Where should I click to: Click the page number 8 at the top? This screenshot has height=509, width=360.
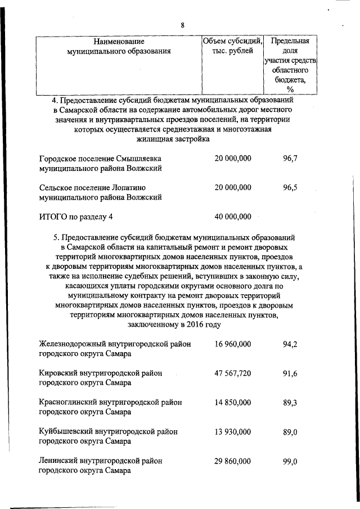[182, 25]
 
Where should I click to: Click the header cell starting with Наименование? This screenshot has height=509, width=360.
[119, 46]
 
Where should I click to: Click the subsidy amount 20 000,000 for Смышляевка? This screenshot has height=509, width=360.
[233, 159]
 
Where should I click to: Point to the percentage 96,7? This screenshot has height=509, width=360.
[290, 159]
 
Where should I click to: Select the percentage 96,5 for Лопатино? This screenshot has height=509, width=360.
[290, 187]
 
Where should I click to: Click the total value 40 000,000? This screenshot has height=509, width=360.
[233, 217]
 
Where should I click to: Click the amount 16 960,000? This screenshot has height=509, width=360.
[233, 344]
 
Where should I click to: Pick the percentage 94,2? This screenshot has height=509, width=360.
[290, 344]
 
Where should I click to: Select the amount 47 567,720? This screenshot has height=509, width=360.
[233, 373]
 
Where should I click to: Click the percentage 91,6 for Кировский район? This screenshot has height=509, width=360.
[290, 373]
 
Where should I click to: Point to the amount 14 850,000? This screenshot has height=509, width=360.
[233, 402]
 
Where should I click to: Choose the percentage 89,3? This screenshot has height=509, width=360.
[290, 402]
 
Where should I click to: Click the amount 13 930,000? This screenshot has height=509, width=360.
[233, 431]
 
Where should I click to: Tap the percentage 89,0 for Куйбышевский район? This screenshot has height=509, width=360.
[290, 431]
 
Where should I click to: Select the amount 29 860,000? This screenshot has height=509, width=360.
[233, 461]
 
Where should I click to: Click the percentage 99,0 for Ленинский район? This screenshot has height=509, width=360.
[290, 461]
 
